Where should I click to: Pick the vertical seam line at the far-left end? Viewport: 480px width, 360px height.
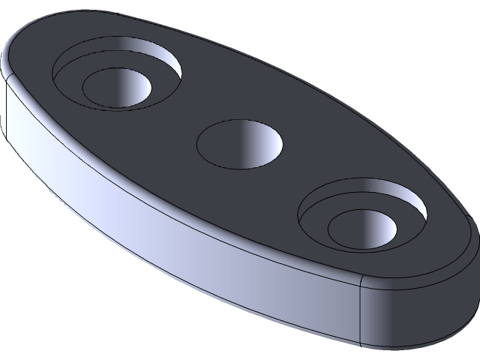[7, 112]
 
